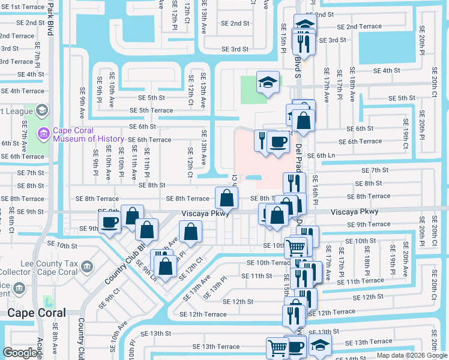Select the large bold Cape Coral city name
pos(36,313)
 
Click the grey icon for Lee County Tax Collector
pos(87,266)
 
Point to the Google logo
pos(20,352)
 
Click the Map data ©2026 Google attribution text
pos(412,355)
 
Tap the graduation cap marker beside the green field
pos(268,82)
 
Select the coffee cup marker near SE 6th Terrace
pos(278,142)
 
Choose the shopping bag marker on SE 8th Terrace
pos(226,198)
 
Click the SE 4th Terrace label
pos(25,91)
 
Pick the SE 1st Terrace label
pos(23,7)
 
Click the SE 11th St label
pos(256,276)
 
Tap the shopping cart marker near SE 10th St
pos(295,246)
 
